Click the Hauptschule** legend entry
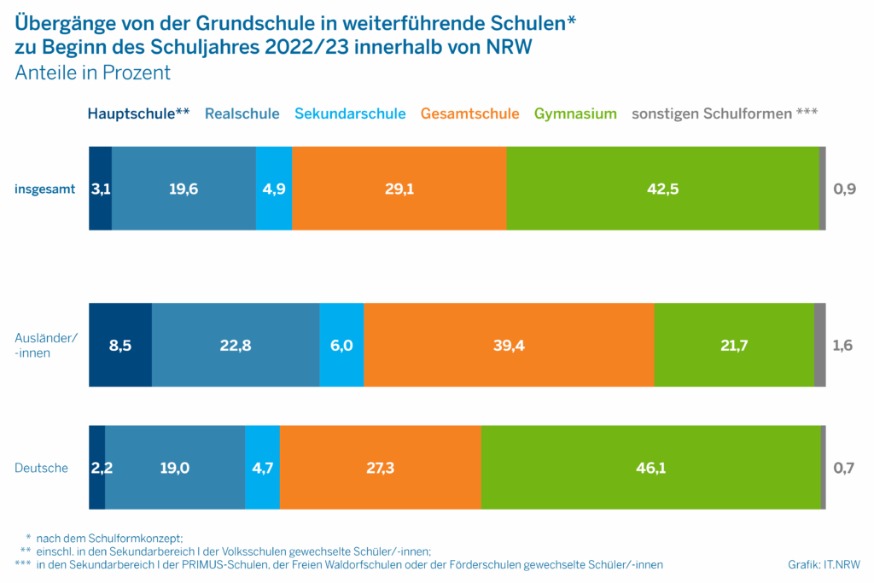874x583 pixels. (x=138, y=114)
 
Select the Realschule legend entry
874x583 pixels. (x=242, y=114)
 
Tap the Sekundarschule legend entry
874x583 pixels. (x=350, y=114)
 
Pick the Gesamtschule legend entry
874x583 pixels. (x=470, y=114)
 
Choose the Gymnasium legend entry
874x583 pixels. (x=575, y=114)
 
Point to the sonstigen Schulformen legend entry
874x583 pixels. (x=725, y=114)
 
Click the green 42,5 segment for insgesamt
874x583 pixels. (x=662, y=189)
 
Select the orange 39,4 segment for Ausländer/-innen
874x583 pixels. (x=509, y=345)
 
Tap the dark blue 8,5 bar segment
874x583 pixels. (x=120, y=345)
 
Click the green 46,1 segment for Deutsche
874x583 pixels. (x=650, y=467)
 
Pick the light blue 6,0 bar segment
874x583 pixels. (x=341, y=345)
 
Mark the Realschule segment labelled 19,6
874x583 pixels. (x=184, y=189)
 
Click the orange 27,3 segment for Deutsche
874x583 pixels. (x=380, y=467)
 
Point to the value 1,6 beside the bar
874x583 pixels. (x=843, y=345)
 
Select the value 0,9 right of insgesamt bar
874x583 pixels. (x=843, y=189)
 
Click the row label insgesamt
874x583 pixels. (x=44, y=189)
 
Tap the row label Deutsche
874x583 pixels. (x=42, y=468)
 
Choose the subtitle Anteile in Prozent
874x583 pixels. (x=93, y=73)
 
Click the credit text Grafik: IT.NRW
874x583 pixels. (x=824, y=565)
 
